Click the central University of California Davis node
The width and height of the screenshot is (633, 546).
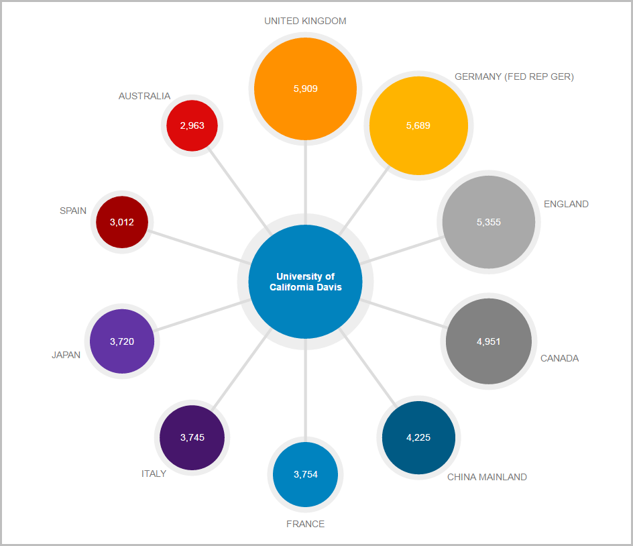[305, 282]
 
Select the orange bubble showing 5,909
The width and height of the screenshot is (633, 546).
[305, 89]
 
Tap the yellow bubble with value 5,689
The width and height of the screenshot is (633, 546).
[418, 125]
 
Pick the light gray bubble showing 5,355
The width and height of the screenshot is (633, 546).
[489, 222]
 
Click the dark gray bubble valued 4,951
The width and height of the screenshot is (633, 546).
[489, 341]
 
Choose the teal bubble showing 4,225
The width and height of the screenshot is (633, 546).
[418, 438]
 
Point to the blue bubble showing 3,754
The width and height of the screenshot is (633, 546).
[305, 475]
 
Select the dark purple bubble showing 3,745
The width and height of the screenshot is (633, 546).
[192, 438]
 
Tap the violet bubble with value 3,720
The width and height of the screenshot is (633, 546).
[122, 341]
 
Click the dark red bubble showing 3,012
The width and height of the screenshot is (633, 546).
[122, 222]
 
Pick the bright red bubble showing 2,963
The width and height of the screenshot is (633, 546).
[192, 125]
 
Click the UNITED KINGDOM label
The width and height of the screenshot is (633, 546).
[305, 21]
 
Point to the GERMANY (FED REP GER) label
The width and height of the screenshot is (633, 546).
[514, 76]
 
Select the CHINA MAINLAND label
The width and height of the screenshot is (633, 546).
[487, 477]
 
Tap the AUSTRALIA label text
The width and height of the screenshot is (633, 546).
[144, 96]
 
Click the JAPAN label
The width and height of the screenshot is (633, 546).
[66, 355]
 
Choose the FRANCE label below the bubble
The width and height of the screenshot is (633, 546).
[305, 524]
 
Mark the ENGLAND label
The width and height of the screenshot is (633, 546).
[566, 204]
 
